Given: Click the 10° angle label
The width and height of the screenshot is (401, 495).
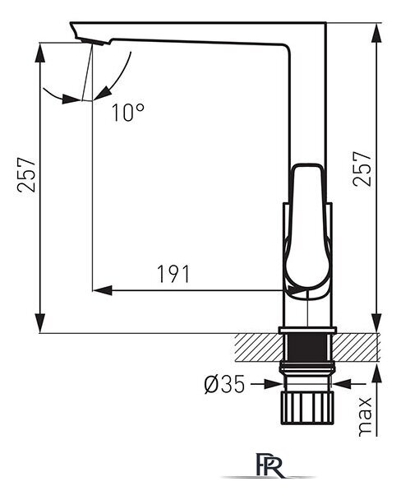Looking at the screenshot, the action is [128, 113].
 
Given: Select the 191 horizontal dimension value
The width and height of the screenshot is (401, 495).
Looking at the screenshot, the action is [173, 274].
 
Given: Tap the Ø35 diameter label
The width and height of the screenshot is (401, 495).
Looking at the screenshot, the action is [224, 384].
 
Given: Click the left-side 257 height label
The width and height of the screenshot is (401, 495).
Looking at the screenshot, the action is [26, 174].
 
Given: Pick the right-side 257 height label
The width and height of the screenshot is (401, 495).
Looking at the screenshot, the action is [362, 169].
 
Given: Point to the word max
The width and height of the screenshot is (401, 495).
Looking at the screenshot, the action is [365, 417].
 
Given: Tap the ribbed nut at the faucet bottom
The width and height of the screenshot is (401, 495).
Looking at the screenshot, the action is [307, 408].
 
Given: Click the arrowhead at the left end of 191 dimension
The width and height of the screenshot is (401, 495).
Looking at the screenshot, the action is [103, 290].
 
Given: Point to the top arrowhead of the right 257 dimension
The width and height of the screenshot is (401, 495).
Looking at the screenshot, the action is [376, 33].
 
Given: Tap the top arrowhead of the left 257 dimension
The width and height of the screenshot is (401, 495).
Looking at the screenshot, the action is [39, 52].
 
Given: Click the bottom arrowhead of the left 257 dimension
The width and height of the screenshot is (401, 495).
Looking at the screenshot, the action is [39, 323].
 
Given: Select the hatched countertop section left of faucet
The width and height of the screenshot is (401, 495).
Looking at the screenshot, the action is [258, 347].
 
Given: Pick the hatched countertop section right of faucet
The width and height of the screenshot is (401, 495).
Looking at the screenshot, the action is [355, 347].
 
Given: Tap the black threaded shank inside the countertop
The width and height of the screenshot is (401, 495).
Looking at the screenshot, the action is [307, 347].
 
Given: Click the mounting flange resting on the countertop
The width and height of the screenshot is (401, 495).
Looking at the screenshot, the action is [307, 331].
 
